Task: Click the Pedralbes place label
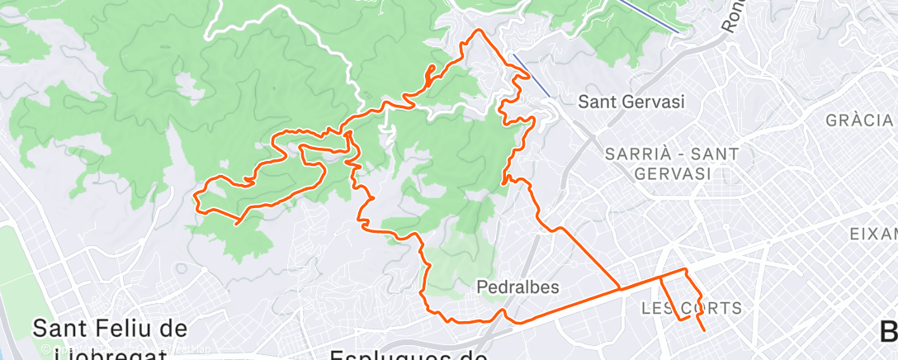518,287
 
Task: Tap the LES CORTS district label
692,308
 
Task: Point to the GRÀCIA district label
860,121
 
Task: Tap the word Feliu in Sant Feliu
129,328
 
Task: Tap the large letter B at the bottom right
888,332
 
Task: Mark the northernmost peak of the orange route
477,31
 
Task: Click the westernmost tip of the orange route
195,197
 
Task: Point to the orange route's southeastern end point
704,330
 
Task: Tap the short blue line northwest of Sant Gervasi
532,75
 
